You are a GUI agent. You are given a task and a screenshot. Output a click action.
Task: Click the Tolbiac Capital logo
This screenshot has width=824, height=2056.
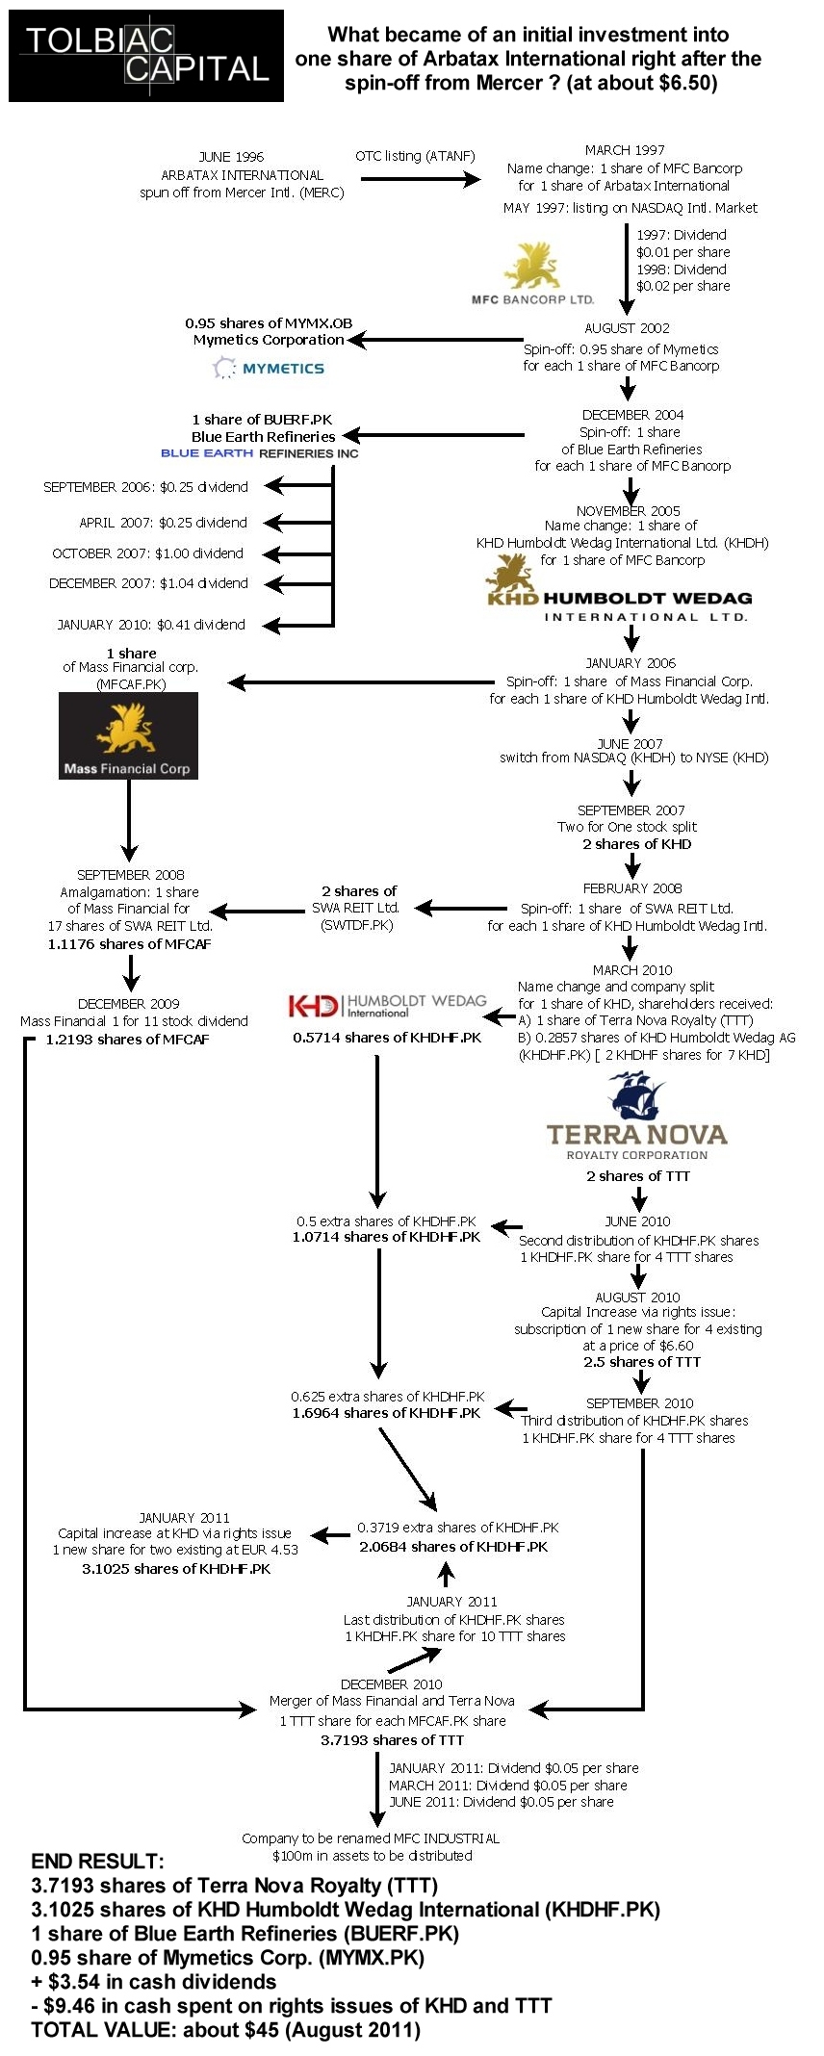pyautogui.click(x=146, y=56)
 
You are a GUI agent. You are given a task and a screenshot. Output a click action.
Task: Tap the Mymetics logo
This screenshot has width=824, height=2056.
pyautogui.click(x=269, y=368)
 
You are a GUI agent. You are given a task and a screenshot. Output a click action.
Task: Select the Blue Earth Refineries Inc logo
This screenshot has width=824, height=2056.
pyautogui.click(x=259, y=453)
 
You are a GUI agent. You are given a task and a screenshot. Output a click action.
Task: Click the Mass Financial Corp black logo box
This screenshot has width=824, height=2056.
pyautogui.click(x=128, y=735)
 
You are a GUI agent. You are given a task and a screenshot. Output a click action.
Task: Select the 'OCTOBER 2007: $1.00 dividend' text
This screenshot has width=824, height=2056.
pyautogui.click(x=147, y=553)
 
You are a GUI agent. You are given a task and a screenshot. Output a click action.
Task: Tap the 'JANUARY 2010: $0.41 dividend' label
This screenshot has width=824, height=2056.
pyautogui.click(x=151, y=625)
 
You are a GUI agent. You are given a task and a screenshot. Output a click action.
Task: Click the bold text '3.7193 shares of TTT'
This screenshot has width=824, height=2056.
pyautogui.click(x=392, y=1740)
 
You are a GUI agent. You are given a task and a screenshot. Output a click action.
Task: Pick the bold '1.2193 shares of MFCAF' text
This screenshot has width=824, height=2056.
pyautogui.click(x=127, y=1040)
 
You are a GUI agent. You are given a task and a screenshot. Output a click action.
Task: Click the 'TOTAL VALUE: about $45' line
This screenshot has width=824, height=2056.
pyautogui.click(x=225, y=2030)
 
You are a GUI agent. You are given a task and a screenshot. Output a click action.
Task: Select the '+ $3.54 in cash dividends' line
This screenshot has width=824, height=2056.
pyautogui.click(x=154, y=1982)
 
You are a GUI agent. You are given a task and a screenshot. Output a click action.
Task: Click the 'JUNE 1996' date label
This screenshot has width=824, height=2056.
pyautogui.click(x=231, y=157)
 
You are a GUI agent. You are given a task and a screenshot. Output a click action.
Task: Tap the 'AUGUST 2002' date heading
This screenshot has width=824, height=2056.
pyautogui.click(x=628, y=328)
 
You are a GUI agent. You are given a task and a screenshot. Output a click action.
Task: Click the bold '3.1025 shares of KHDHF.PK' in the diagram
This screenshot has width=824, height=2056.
pyautogui.click(x=176, y=1569)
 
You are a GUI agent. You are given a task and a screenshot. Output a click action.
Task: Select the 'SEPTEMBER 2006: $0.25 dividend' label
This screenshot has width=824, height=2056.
pyautogui.click(x=145, y=487)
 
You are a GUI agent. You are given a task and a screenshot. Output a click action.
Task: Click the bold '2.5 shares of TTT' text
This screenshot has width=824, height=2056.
pyautogui.click(x=642, y=1362)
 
